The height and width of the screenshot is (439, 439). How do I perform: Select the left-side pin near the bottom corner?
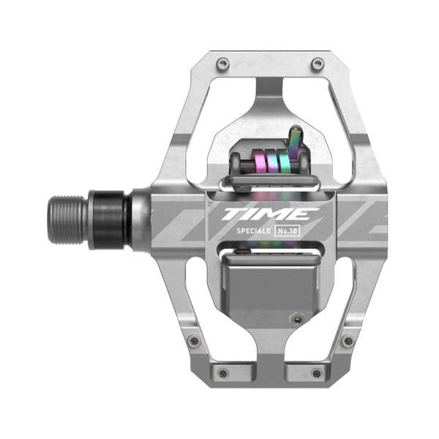(192, 341)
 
